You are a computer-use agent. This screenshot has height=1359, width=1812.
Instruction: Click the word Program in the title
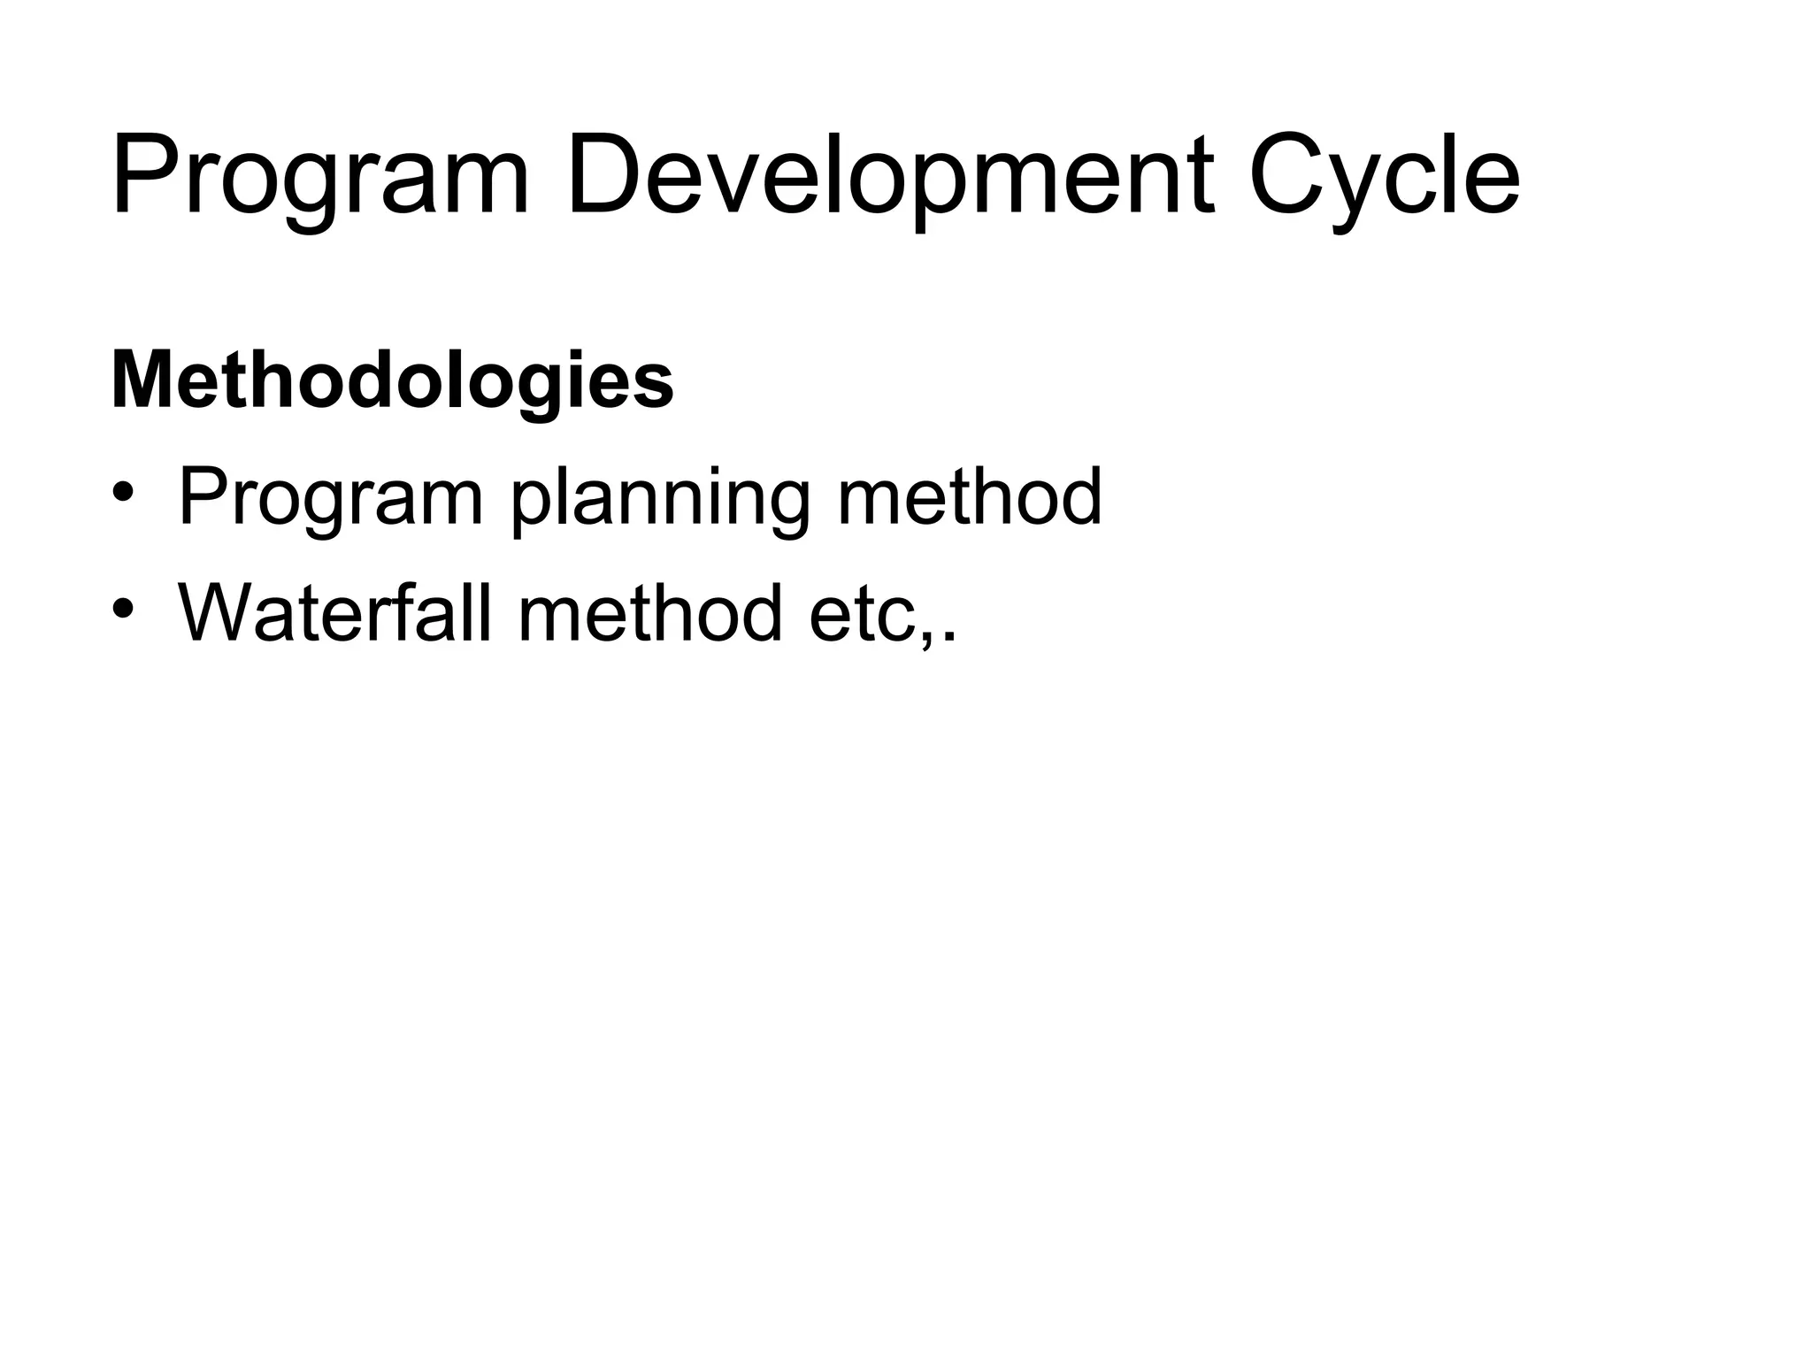(x=320, y=177)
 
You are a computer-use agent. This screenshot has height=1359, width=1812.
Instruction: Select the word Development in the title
(x=890, y=177)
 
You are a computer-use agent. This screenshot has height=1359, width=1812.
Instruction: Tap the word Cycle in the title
(x=1386, y=177)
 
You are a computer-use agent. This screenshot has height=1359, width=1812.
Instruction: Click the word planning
(x=660, y=500)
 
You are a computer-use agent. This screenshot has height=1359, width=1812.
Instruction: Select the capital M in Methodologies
(x=142, y=380)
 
